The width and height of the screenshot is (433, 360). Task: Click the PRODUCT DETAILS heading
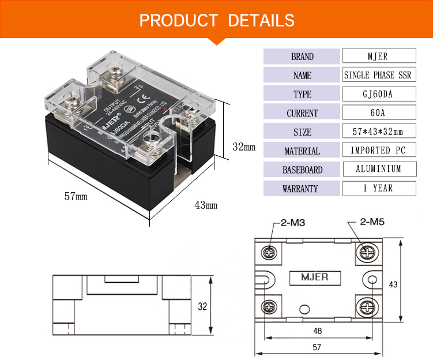click(217, 21)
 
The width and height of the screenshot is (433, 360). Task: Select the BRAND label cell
click(302, 57)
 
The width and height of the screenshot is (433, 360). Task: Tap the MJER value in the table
click(379, 56)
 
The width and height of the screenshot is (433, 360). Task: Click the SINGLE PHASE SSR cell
click(379, 75)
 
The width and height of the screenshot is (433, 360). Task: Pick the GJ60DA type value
click(379, 94)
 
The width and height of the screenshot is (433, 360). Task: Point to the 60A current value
click(379, 112)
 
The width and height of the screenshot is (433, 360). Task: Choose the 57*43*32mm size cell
click(379, 132)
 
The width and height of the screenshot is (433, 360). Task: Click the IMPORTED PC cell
click(379, 151)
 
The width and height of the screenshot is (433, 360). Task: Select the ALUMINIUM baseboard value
click(379, 169)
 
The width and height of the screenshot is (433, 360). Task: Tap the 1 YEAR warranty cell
click(379, 188)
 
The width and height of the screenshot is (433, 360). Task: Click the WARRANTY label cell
click(302, 189)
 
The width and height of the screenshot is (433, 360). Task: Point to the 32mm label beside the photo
click(243, 147)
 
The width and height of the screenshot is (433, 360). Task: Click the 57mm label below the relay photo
click(75, 196)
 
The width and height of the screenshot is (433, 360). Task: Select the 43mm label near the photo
click(206, 205)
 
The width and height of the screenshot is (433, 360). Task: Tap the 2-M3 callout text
click(293, 222)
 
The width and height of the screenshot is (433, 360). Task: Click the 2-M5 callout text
click(371, 222)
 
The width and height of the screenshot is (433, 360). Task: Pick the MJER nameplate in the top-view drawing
click(315, 277)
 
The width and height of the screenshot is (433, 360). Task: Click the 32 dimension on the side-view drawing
click(202, 306)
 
